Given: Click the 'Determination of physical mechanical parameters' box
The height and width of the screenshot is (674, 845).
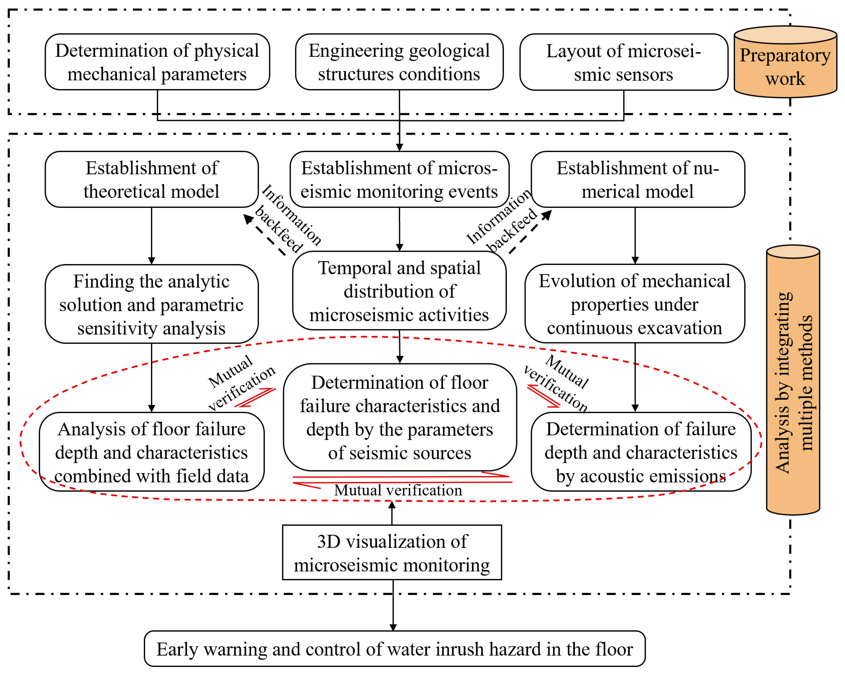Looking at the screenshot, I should (157, 62).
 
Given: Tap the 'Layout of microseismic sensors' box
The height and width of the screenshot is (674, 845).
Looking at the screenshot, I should (623, 62).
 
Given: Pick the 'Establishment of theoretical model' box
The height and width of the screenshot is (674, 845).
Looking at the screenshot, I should (152, 180).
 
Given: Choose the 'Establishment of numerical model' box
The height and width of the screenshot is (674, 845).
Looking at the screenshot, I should (638, 180).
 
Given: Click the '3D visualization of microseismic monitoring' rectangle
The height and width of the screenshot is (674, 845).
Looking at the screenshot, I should (392, 552).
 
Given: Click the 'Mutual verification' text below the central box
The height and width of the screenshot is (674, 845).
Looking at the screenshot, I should (398, 490).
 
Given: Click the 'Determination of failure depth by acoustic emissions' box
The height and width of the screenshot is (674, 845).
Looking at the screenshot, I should (641, 452).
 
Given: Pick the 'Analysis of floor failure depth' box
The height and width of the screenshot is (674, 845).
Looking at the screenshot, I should (152, 452).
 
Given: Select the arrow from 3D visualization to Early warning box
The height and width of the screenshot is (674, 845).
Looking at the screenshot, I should (393, 605).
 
